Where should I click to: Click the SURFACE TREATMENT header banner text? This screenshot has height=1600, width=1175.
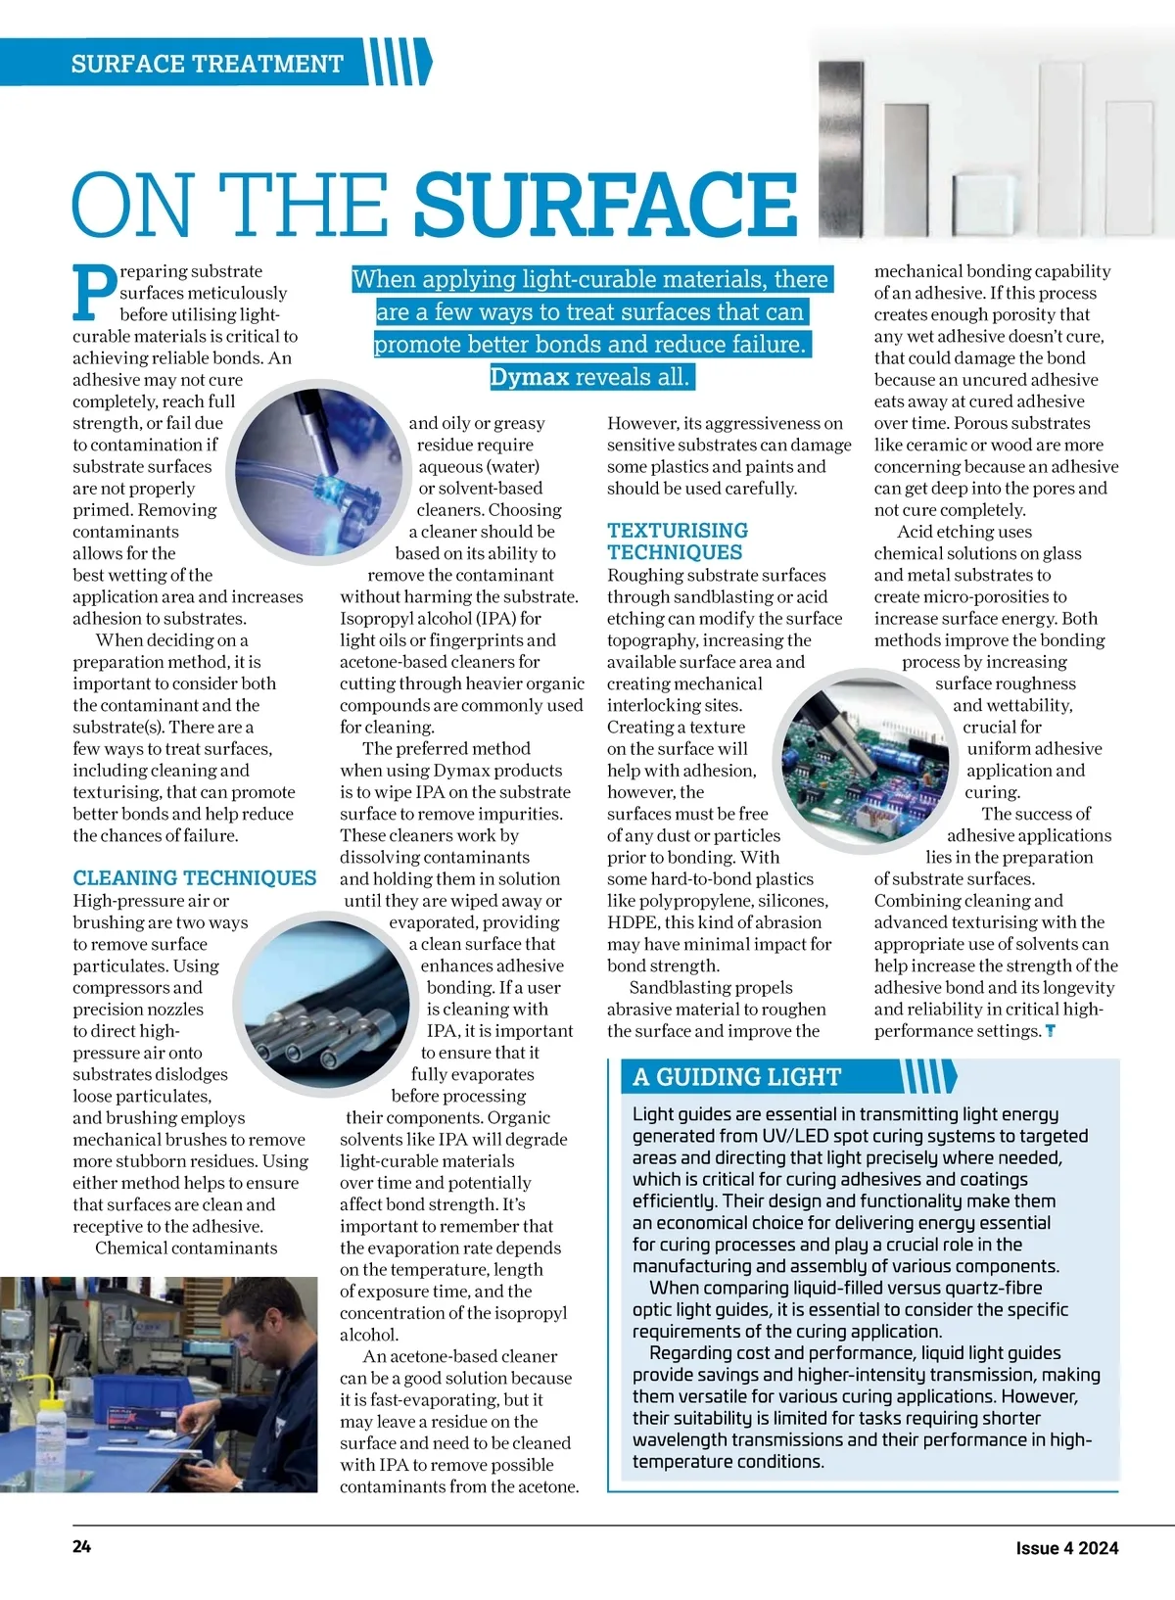[x=207, y=65]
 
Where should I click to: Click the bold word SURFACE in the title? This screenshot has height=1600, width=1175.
[x=605, y=204]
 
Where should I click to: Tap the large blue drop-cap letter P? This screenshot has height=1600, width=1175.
[x=94, y=293]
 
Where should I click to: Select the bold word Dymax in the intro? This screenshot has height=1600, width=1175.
[x=529, y=377]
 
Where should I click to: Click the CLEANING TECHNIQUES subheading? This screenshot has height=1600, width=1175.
[x=195, y=877]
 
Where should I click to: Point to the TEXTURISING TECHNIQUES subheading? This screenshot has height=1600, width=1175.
[x=677, y=541]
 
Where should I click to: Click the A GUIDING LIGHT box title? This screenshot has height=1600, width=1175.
[x=736, y=1077]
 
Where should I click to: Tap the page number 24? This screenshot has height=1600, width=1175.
[x=82, y=1547]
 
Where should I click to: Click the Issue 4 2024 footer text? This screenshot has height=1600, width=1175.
[x=1066, y=1548]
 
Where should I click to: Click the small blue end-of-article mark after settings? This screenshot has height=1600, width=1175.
[x=1051, y=1031]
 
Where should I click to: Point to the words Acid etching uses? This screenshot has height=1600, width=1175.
[x=964, y=532]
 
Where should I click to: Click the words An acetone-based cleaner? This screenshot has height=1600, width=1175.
[x=459, y=1356]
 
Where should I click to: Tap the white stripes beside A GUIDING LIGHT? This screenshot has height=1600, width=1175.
[x=925, y=1076]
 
